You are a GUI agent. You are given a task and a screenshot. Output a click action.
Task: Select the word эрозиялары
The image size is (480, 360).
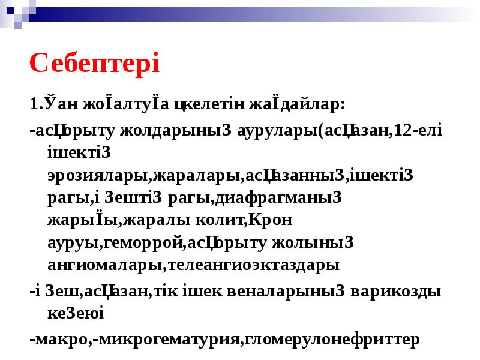coord(98,175)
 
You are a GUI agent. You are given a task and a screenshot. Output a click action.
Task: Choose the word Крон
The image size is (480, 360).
coord(270,220)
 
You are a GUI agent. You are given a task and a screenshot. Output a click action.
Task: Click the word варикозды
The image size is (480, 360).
coord(396,292)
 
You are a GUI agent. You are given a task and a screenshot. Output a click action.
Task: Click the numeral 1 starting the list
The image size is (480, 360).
coord(34,104)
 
